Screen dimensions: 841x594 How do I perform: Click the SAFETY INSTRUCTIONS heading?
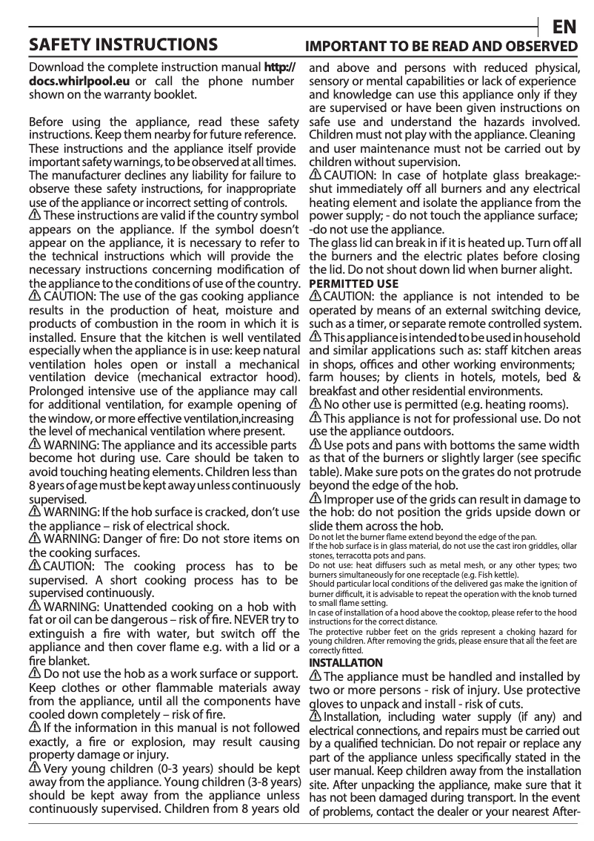[x=123, y=44]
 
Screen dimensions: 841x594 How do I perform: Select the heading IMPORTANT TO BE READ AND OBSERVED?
[x=441, y=46]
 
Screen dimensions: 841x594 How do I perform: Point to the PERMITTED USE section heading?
[x=353, y=284]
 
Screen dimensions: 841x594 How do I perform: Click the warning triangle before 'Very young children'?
[x=35, y=770]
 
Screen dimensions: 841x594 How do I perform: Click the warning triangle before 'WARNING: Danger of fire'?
[x=35, y=540]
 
